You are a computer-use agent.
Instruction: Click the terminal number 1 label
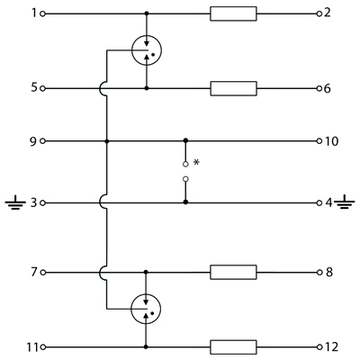point(34,13)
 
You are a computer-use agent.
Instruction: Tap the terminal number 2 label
point(328,13)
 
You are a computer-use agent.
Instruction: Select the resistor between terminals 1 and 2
point(233,13)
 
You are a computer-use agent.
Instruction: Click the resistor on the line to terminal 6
point(233,88)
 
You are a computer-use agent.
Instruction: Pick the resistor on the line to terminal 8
point(233,273)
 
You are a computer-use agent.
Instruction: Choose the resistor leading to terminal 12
point(233,347)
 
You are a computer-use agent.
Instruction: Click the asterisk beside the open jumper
point(196,162)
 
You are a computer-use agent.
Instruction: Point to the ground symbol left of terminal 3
point(15,202)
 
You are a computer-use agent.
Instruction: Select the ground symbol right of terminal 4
point(345,202)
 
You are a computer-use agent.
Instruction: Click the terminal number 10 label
point(331,141)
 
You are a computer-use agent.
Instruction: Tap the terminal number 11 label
point(32,347)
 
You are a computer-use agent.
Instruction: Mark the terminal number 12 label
point(331,347)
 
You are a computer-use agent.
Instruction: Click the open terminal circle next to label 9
point(42,141)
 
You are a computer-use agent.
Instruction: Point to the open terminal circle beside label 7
point(42,273)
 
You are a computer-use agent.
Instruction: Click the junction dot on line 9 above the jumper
point(185,140)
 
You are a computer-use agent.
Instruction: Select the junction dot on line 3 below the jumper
point(185,202)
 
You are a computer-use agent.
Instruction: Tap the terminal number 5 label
point(34,88)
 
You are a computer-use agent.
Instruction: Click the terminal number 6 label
point(328,88)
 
